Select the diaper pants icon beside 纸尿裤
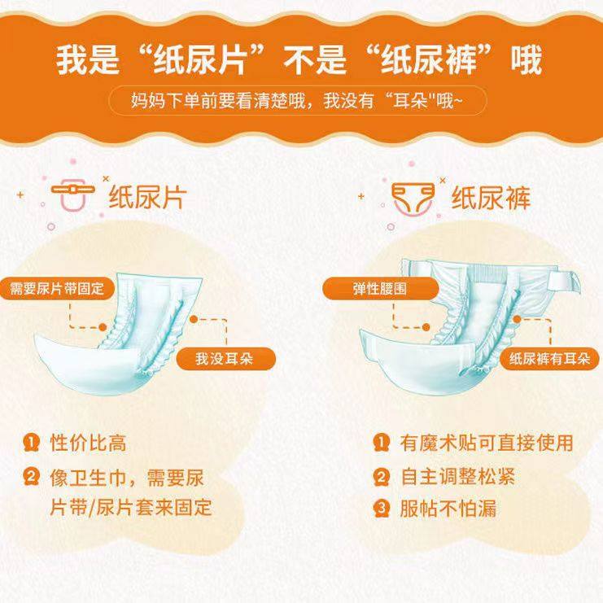click(411, 196)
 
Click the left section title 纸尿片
click(147, 196)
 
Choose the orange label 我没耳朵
click(224, 358)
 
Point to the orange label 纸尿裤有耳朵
click(549, 358)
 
